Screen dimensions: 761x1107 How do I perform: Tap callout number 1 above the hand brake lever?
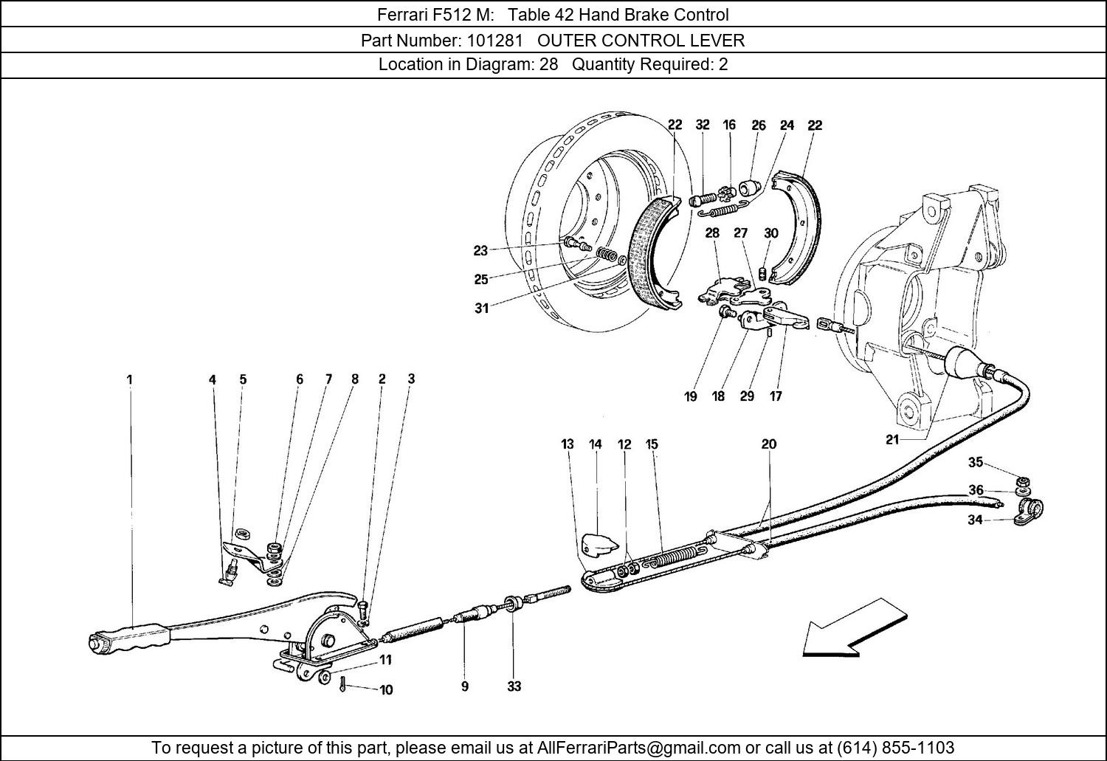coord(129,380)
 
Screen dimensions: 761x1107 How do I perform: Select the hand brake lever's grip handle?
coord(133,636)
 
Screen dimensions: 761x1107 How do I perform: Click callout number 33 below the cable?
coord(514,686)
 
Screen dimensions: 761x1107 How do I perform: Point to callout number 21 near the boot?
coord(892,441)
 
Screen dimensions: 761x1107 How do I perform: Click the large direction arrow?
coord(855,626)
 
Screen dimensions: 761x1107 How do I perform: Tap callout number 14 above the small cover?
coord(596,444)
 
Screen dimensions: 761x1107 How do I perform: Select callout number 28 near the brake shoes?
coord(712,233)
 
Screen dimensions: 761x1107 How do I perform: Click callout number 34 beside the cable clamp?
coord(975,520)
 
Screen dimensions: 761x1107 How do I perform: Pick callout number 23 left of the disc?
coord(480,251)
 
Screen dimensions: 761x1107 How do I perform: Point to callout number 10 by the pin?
coord(386,690)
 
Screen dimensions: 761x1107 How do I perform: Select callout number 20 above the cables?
coord(769,444)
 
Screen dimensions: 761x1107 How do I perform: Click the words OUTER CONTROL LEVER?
coord(641,40)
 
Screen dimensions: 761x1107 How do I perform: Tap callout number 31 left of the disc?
coord(481,309)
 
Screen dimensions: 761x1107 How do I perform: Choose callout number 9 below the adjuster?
coord(465,686)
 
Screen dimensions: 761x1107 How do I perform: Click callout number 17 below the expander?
coord(776,396)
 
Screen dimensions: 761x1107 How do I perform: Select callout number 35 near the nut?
coord(976,463)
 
